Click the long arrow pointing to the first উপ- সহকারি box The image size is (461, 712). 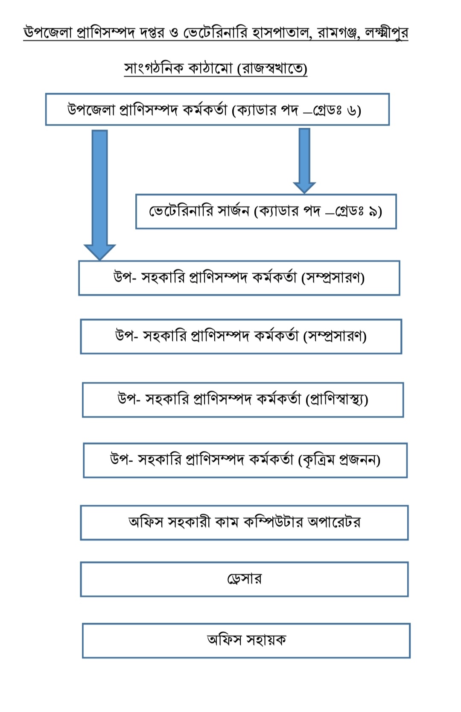point(99,192)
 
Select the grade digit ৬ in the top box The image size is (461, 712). point(352,111)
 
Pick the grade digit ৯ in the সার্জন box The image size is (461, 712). point(373,211)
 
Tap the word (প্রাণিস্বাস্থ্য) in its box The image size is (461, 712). point(337,399)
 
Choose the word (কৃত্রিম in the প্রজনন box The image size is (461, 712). point(316,460)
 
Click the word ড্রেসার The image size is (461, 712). point(244,579)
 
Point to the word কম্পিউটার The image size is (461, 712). point(273,522)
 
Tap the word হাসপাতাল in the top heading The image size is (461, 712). point(281,32)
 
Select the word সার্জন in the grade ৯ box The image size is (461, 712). point(233,211)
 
